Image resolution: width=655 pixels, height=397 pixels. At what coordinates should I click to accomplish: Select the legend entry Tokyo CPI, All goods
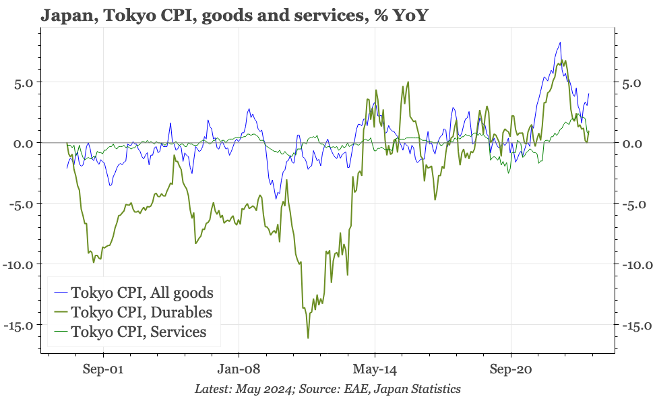(x=142, y=293)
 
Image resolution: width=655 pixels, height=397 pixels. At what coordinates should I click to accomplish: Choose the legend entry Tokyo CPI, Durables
(x=141, y=312)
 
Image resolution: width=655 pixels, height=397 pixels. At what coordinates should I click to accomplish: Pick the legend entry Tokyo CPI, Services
(x=138, y=332)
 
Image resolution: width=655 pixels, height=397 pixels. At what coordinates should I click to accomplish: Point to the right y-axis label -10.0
(x=635, y=264)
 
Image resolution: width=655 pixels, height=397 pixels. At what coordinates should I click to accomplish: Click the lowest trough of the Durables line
(x=308, y=338)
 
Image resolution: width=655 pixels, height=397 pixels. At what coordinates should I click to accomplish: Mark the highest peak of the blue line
(x=560, y=43)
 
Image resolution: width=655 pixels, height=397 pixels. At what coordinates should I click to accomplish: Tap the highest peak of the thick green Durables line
(x=565, y=61)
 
